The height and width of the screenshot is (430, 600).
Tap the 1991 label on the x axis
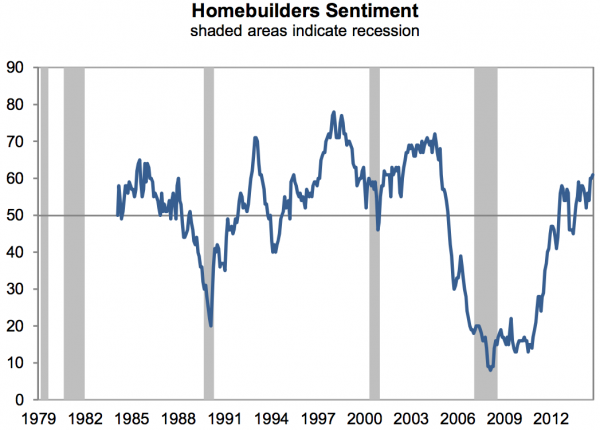[x=223, y=418]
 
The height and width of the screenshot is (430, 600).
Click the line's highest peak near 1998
[x=333, y=112]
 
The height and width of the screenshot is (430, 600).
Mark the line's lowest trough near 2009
[x=490, y=370]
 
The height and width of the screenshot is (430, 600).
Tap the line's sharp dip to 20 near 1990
[x=211, y=325]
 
